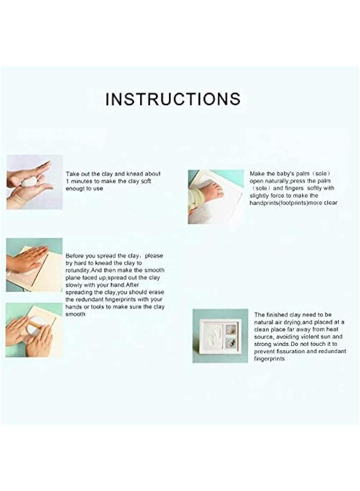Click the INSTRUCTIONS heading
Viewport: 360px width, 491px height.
[x=172, y=99]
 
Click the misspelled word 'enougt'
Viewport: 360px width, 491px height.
[x=75, y=188]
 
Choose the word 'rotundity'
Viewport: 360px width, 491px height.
[x=77, y=270]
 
